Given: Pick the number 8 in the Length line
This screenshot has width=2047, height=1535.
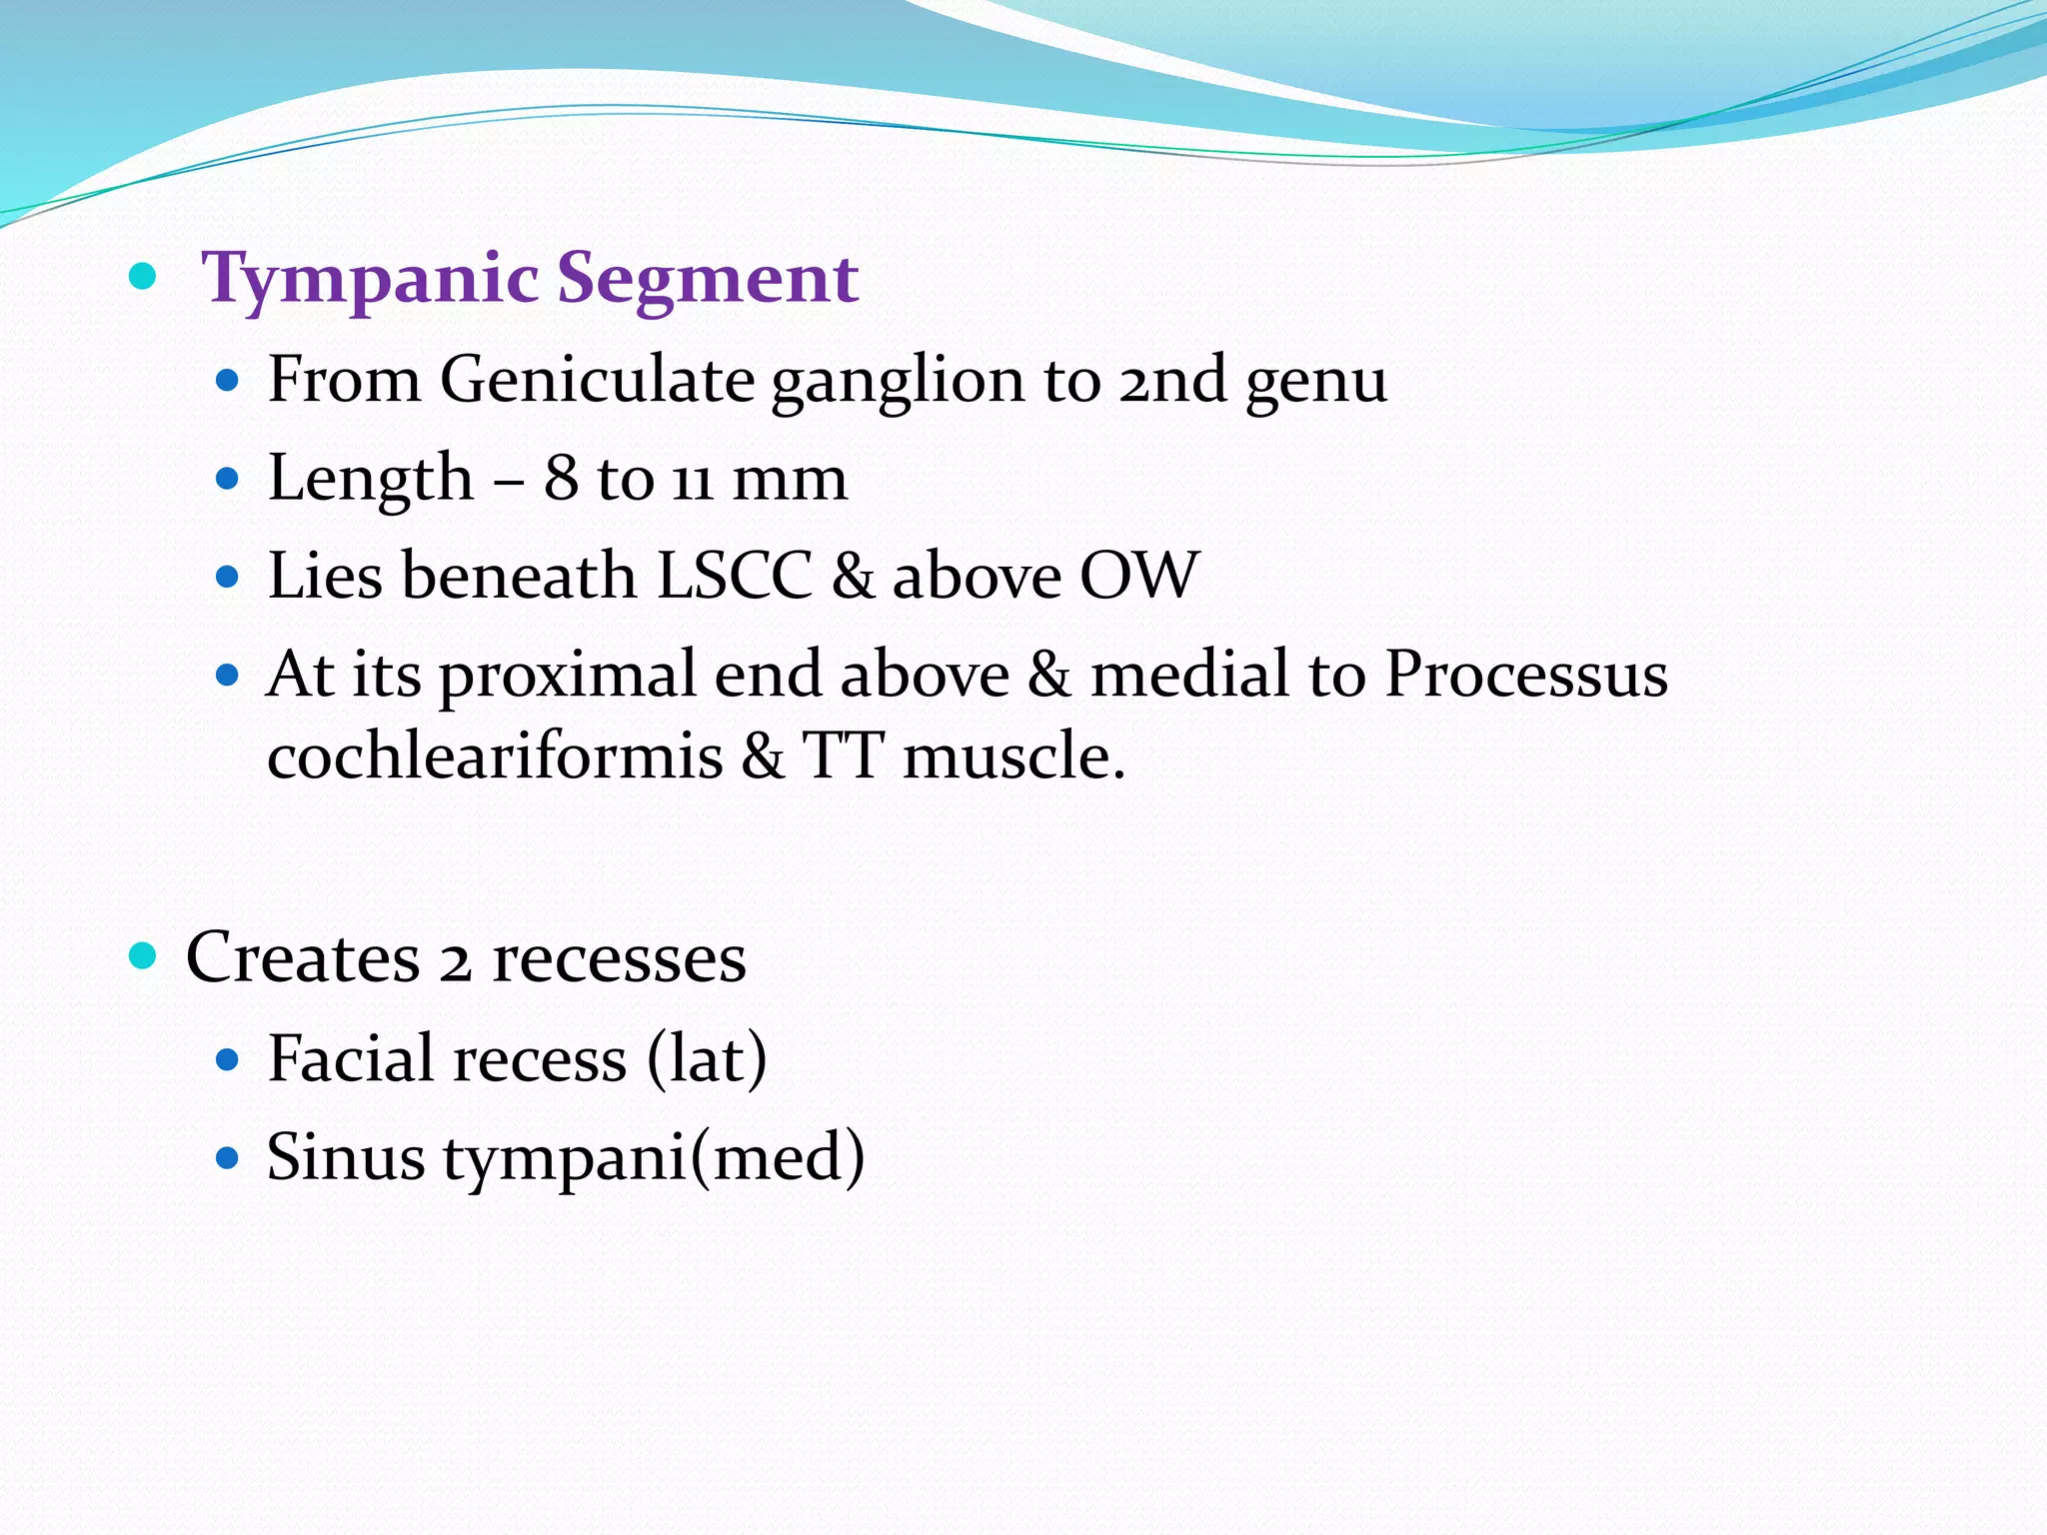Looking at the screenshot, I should [561, 478].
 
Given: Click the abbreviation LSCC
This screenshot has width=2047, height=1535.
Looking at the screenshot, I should [735, 576].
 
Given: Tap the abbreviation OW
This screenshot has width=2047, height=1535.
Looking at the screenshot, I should [1139, 576].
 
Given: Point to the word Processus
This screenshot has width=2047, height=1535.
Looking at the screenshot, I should [1525, 674].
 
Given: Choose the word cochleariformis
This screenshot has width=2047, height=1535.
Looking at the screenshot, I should [495, 755].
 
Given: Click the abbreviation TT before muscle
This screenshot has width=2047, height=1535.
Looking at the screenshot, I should [843, 755].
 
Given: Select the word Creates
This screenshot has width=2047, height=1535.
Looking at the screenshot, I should [303, 957].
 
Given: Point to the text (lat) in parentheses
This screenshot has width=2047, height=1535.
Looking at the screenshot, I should [707, 1058].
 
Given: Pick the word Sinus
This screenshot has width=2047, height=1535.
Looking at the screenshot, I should [346, 1157].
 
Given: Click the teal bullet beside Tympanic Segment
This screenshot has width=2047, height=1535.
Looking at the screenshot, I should [144, 275].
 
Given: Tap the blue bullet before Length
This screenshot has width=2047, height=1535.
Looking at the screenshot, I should [228, 479].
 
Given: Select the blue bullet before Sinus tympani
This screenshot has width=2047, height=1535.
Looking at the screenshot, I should [228, 1158].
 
